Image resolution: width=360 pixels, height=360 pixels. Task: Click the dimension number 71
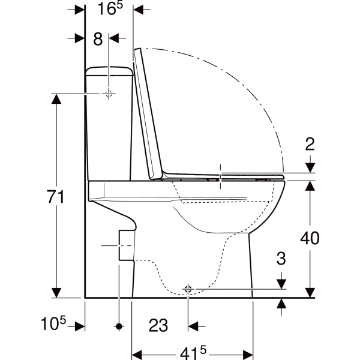click(56, 197)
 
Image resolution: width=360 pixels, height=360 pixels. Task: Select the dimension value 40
click(310, 238)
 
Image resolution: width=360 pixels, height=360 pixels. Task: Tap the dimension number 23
click(158, 325)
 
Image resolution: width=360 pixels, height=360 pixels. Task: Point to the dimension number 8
click(98, 39)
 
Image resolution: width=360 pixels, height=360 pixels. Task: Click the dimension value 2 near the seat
click(310, 144)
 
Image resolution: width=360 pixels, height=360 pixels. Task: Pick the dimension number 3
click(281, 258)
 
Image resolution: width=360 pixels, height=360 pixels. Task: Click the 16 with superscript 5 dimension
click(110, 8)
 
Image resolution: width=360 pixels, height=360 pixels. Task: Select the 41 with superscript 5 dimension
click(193, 353)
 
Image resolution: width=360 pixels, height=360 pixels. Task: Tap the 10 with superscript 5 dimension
click(53, 323)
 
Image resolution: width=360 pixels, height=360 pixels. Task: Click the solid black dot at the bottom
click(119, 326)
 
